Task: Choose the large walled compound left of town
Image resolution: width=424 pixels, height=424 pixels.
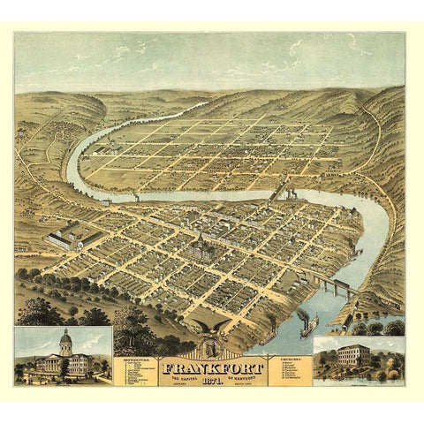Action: pos(66,235)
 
